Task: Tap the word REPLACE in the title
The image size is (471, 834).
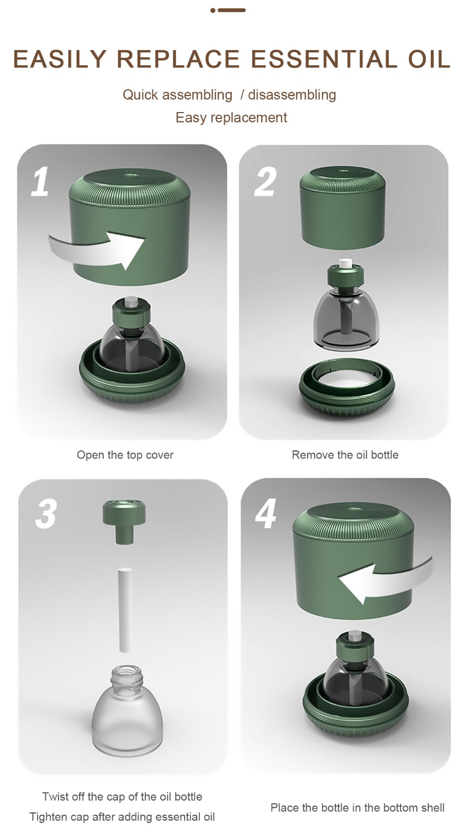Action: coord(178,59)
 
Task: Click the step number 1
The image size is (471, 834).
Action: coord(40,181)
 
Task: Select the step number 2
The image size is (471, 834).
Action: coord(265,181)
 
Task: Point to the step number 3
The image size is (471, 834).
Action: coord(46,514)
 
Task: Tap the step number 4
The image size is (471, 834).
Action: coord(265,514)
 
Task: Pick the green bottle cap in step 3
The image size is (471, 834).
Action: coord(124,522)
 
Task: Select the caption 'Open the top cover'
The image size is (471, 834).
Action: coord(125,455)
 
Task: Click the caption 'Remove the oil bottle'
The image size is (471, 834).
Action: coord(345,455)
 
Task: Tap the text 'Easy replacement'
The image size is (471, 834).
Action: coord(232,118)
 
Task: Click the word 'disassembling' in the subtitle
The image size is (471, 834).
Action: coord(292,94)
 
